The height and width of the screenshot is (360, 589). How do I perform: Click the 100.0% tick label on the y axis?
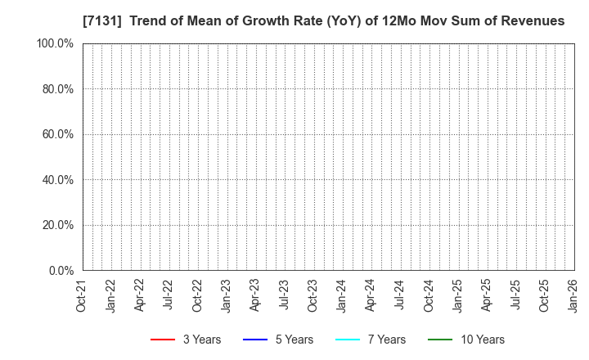54,43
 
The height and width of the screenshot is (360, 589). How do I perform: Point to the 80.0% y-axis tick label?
56,89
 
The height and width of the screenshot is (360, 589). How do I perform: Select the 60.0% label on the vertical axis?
56,134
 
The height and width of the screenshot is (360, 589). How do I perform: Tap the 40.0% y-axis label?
56,180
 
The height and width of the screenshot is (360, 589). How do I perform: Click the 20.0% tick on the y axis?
56,225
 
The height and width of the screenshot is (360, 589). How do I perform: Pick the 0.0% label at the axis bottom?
60,271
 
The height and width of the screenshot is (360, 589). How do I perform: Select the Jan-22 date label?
110,295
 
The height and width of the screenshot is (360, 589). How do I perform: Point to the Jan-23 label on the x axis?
226,295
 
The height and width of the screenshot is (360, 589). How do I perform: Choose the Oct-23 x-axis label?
312,295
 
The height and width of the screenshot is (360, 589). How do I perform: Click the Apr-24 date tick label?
371,295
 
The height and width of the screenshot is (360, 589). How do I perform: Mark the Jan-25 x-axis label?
457,295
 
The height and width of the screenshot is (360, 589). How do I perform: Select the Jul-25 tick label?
515,295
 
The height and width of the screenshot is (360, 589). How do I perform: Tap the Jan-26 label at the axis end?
573,295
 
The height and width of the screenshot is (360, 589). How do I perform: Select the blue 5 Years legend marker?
256,340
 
